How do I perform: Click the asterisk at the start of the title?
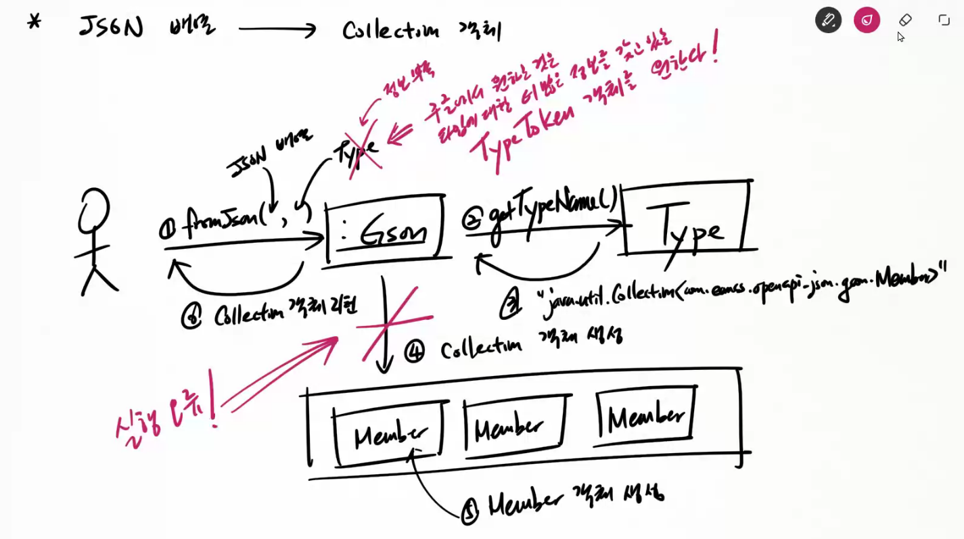(x=34, y=22)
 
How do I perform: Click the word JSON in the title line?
(x=111, y=27)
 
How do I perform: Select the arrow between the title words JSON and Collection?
(x=277, y=29)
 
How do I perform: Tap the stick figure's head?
(x=93, y=211)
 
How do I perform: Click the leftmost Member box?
(x=390, y=433)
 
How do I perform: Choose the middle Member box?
(x=514, y=424)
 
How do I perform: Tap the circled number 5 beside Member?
(x=469, y=512)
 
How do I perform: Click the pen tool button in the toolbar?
(x=828, y=20)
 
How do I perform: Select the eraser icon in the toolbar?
(x=905, y=20)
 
